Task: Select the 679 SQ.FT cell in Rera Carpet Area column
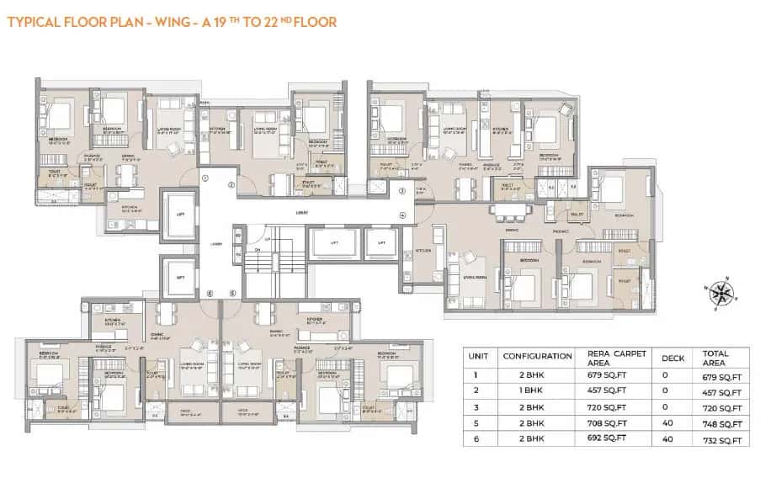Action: [610, 376]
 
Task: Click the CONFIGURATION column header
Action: [537, 356]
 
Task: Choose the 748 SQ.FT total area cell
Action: [721, 424]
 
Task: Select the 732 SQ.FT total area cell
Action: [721, 440]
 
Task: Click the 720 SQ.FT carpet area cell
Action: [610, 408]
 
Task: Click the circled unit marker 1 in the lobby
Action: [204, 177]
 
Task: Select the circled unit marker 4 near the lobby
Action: [402, 215]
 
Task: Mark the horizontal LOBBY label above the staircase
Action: [301, 213]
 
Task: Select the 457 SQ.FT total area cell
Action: [721, 392]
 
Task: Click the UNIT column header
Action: [477, 356]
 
